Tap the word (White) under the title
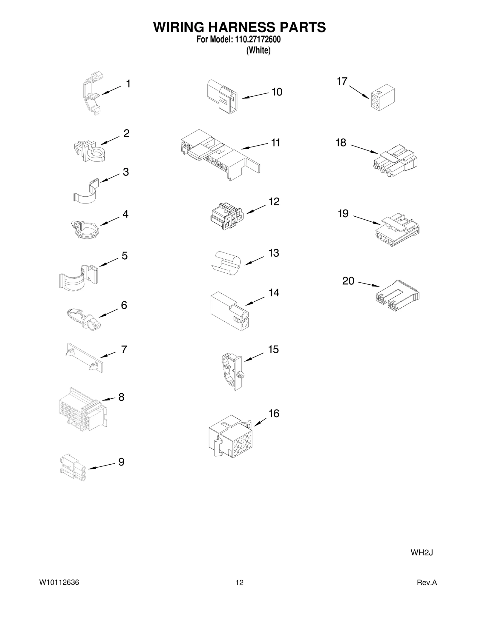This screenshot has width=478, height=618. pos(258,50)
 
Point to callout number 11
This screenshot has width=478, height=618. pos(275,143)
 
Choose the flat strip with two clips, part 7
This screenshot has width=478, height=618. pos(85,357)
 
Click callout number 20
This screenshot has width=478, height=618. pos(348,281)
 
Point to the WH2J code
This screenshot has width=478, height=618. pos(422,552)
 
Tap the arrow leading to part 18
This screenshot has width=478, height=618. pos(364,149)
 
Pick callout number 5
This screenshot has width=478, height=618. pos(125,256)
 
